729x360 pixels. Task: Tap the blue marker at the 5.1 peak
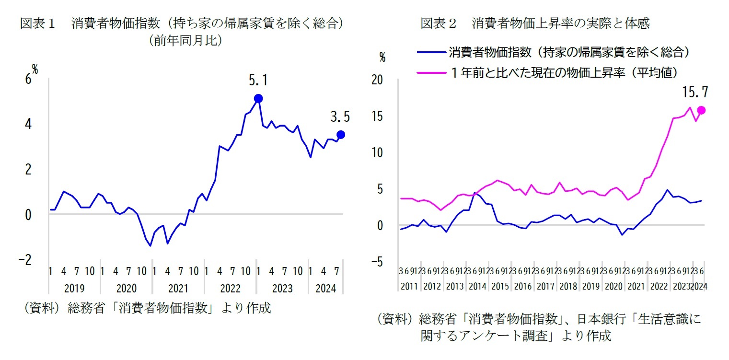[258, 98]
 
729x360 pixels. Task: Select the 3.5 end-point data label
[340, 116]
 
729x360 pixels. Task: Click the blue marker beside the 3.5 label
[340, 134]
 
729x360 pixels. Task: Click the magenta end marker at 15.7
[701, 110]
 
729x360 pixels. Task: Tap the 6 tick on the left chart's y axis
[28, 80]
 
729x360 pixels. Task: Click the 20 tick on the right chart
[377, 80]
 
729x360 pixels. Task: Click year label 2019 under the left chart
[74, 289]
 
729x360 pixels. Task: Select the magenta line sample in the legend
[431, 72]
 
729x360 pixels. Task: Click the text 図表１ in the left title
[39, 23]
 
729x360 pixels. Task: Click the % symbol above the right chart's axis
[382, 58]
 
